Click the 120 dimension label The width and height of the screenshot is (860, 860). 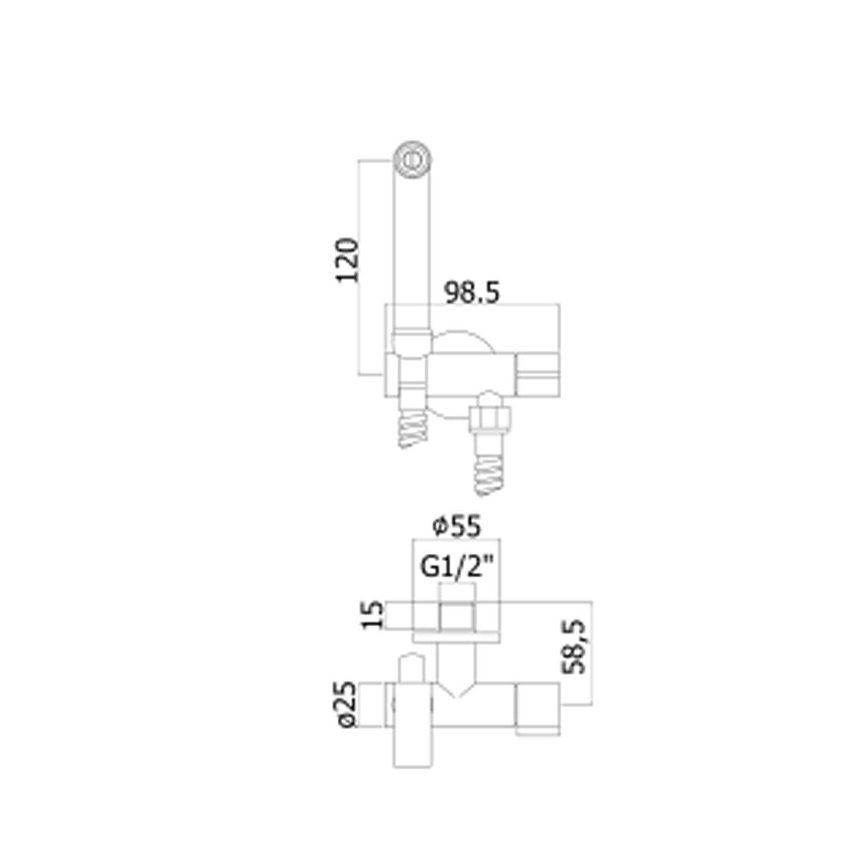coord(347,260)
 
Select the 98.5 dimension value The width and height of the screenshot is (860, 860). coord(472,292)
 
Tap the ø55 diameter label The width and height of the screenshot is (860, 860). coord(457,526)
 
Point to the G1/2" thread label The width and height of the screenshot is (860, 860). coord(457,567)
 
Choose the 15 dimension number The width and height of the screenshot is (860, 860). coord(373,615)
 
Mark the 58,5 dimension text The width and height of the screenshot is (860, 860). coord(575,647)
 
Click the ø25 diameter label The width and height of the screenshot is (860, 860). coord(346,705)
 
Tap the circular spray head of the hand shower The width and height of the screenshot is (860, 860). coord(412,159)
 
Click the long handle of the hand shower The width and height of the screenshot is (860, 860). coord(412,252)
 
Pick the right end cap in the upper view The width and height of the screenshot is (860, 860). coord(538,375)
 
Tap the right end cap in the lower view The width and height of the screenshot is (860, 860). coord(538,709)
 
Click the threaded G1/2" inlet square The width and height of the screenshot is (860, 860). coord(457,616)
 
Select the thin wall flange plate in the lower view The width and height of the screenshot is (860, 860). coord(457,637)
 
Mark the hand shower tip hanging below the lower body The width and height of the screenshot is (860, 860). coord(412,748)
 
